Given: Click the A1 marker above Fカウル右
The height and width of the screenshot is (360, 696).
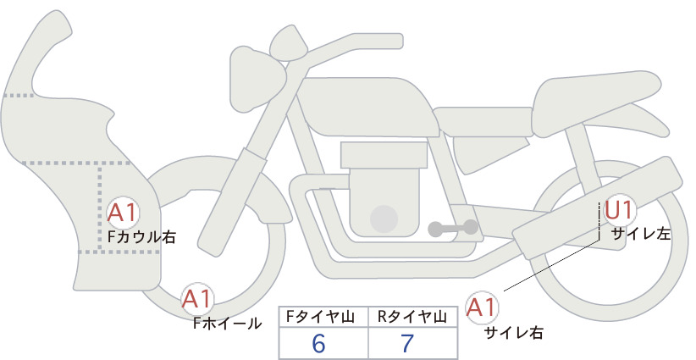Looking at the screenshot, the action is click(x=123, y=213).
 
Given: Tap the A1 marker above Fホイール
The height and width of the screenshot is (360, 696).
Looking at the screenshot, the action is click(x=197, y=299).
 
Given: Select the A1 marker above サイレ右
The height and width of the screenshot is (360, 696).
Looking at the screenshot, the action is click(x=481, y=307).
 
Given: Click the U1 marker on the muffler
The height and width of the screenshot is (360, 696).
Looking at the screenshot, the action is click(x=619, y=210).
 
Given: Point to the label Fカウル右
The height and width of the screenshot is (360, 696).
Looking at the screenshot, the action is click(x=141, y=237).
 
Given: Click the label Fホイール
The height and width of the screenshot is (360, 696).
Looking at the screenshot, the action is click(x=227, y=324).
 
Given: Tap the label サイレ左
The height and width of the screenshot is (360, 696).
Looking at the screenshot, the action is click(x=641, y=234).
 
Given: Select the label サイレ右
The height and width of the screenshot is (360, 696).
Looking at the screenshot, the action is click(x=514, y=333).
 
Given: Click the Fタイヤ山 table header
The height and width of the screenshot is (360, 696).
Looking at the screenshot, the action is click(x=320, y=317).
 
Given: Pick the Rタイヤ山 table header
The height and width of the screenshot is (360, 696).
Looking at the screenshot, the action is click(x=412, y=317).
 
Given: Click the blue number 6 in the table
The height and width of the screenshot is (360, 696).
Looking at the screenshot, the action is click(x=318, y=343).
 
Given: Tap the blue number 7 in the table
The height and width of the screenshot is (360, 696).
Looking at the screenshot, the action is click(x=407, y=343).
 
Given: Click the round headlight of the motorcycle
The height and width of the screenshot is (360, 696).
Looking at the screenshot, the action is click(x=256, y=80).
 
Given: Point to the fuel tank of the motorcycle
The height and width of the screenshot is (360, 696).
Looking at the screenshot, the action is click(x=367, y=108).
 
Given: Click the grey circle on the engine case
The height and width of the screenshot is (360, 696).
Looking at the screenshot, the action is click(x=384, y=219).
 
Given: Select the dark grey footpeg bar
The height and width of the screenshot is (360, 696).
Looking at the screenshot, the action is click(x=453, y=228).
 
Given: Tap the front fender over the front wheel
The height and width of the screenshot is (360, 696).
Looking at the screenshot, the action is click(x=213, y=186).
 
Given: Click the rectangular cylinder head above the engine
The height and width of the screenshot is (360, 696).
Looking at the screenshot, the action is click(x=384, y=155).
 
